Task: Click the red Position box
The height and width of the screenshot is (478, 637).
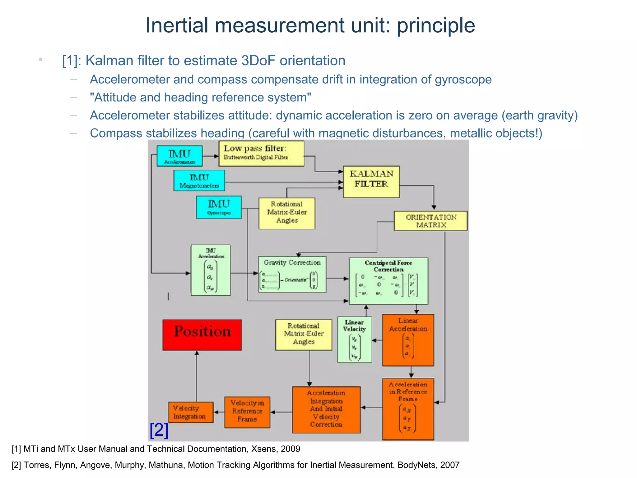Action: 202,335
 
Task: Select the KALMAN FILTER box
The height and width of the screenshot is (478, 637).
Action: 371,181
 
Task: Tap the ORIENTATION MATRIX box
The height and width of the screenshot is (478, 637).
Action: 431,221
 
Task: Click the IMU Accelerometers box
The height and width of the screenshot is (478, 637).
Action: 179,156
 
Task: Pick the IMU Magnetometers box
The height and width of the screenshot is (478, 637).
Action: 199,180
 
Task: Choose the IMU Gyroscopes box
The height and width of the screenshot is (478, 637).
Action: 219,207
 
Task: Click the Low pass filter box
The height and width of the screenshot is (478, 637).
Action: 261,153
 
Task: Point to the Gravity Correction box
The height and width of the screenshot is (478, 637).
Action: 292,274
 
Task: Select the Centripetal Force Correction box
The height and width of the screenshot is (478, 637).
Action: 388,281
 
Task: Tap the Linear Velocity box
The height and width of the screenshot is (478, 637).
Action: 355,340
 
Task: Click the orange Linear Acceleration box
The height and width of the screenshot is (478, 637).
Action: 408,340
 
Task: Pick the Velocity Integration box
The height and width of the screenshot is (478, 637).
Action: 191,412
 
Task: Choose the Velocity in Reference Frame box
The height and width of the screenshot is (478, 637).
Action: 247,412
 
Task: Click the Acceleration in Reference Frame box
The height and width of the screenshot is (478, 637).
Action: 408,409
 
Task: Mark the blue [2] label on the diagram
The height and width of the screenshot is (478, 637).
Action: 159,430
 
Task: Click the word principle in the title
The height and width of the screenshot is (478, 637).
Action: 436,26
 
